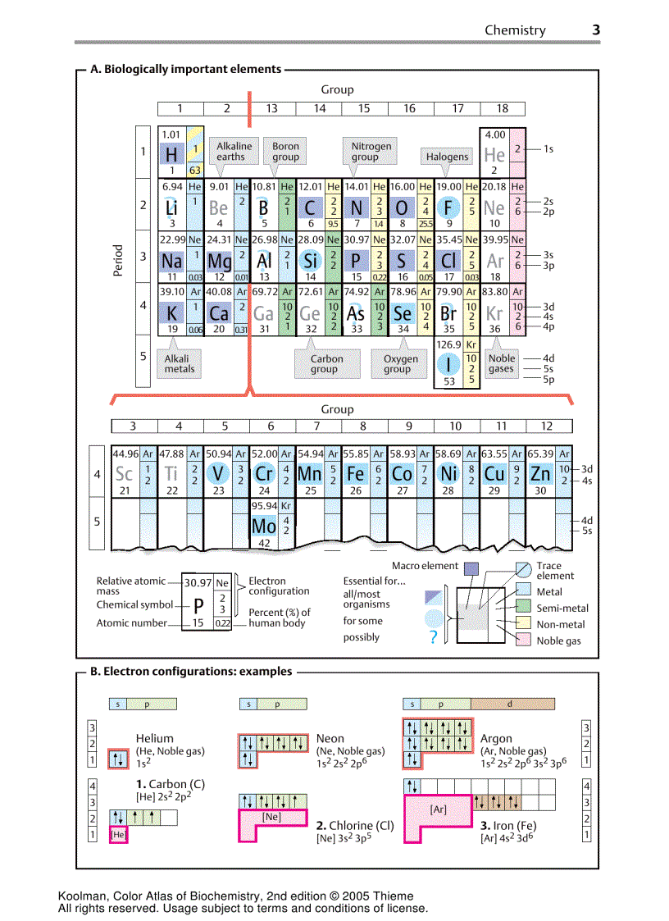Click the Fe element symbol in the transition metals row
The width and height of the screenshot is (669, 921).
pyautogui.click(x=356, y=474)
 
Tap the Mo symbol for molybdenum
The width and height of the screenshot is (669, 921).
pyautogui.click(x=264, y=527)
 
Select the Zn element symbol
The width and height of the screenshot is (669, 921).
pyautogui.click(x=540, y=474)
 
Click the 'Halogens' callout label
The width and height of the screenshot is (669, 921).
pyautogui.click(x=447, y=157)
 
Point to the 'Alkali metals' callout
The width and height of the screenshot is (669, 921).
pyautogui.click(x=180, y=363)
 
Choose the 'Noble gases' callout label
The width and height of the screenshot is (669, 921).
pyautogui.click(x=501, y=363)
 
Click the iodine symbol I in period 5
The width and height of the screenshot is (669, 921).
pyautogui.click(x=448, y=363)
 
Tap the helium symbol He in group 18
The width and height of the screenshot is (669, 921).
pyautogui.click(x=494, y=154)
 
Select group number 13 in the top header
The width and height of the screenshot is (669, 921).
pyautogui.click(x=271, y=108)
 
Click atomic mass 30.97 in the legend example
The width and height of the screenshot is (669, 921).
pyautogui.click(x=198, y=582)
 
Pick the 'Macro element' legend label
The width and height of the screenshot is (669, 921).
pyautogui.click(x=425, y=566)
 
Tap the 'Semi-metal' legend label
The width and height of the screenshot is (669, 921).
pyautogui.click(x=562, y=608)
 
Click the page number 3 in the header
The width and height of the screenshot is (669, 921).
pyautogui.click(x=596, y=30)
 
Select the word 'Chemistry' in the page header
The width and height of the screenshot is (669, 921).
pyautogui.click(x=515, y=30)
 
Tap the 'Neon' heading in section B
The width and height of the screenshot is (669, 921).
pyautogui.click(x=330, y=738)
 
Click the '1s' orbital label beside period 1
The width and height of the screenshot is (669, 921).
pyautogui.click(x=548, y=149)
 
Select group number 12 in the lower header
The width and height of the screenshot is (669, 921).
pyautogui.click(x=547, y=426)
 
